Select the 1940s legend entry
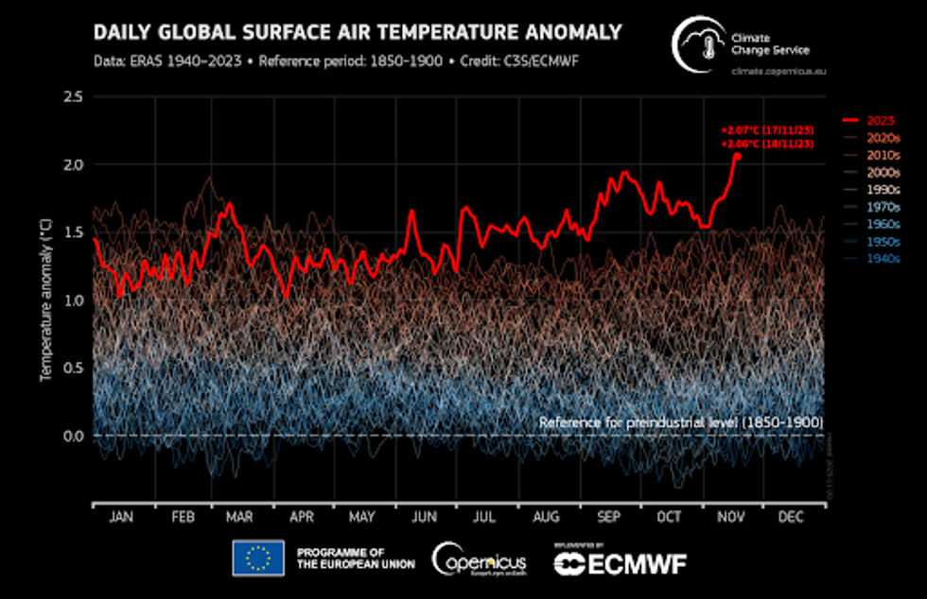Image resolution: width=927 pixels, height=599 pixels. (x=875, y=256)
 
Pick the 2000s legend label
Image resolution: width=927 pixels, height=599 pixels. (x=875, y=172)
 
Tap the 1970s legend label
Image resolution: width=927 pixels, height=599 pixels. (x=875, y=206)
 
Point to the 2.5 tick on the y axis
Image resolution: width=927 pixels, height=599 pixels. (x=74, y=97)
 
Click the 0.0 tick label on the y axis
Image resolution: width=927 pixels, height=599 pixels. (x=74, y=436)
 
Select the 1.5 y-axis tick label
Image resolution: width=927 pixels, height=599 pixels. (x=74, y=232)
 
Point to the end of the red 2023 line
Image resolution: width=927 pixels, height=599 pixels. (x=737, y=155)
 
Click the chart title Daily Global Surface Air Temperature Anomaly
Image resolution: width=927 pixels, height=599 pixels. (x=358, y=33)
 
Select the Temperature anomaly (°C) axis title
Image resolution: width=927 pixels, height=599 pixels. (x=44, y=299)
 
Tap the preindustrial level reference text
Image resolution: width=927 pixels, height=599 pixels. (x=680, y=421)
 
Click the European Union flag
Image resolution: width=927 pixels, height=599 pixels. (x=258, y=557)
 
